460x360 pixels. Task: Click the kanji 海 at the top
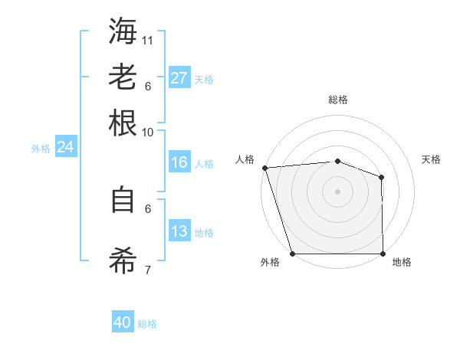(123, 31)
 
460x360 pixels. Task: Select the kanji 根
(123, 123)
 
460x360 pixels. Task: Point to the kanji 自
(123, 200)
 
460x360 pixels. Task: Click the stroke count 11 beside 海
(149, 40)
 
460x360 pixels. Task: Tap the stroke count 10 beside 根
(148, 132)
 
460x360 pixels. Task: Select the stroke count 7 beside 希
(148, 270)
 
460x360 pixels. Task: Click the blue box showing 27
(179, 78)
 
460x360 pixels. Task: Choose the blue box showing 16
(179, 162)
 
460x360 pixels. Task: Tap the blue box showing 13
(179, 231)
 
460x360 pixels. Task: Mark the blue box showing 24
(65, 147)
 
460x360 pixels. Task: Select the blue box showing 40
(123, 323)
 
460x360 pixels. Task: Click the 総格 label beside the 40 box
(147, 324)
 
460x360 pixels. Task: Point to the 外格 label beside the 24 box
(41, 149)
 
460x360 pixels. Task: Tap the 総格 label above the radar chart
(338, 100)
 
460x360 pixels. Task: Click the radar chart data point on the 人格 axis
(264, 167)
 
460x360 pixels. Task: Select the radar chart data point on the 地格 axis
(383, 254)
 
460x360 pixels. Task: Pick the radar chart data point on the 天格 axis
(381, 177)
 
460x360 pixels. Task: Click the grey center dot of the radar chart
(337, 191)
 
